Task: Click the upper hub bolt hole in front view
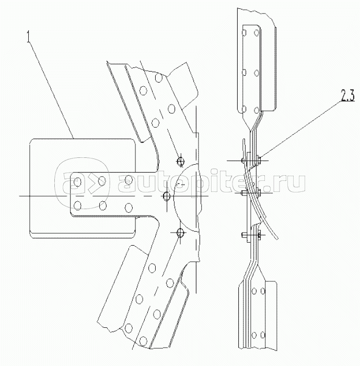pyautogui.click(x=180, y=160)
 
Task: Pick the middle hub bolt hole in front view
pyautogui.click(x=167, y=196)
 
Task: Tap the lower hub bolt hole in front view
pyautogui.click(x=180, y=232)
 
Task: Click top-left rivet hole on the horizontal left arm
pyautogui.click(x=78, y=181)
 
